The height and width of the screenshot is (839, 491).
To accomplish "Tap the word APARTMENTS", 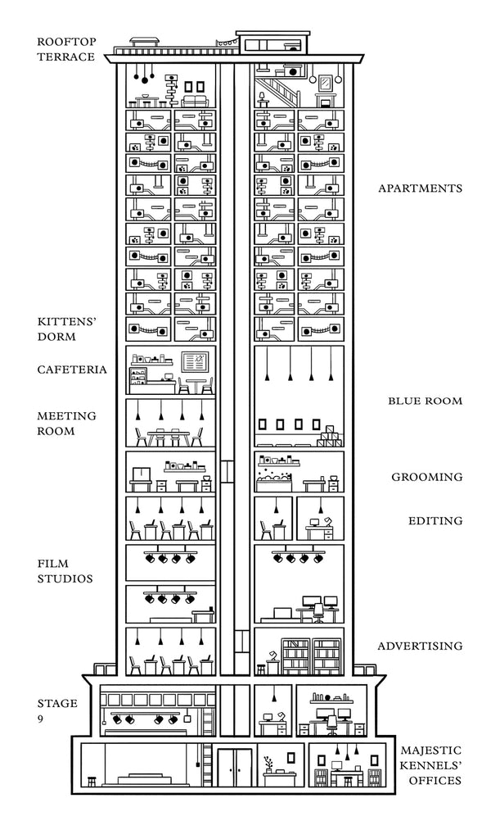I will coord(420,188).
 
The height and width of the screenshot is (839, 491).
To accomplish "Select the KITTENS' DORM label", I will coord(67,329).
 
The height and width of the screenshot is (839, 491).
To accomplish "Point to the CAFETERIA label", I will coord(72,370).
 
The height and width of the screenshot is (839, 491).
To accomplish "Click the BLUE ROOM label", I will coord(425,401).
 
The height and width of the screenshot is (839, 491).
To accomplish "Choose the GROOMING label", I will coord(426,477).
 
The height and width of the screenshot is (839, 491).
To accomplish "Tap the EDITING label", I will coord(435,521).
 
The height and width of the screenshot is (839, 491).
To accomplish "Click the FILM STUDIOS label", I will coord(65,571).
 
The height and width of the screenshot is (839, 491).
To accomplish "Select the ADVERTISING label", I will coord(420,647).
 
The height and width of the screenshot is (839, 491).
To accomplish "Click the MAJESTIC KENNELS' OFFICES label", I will coord(430,765).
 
